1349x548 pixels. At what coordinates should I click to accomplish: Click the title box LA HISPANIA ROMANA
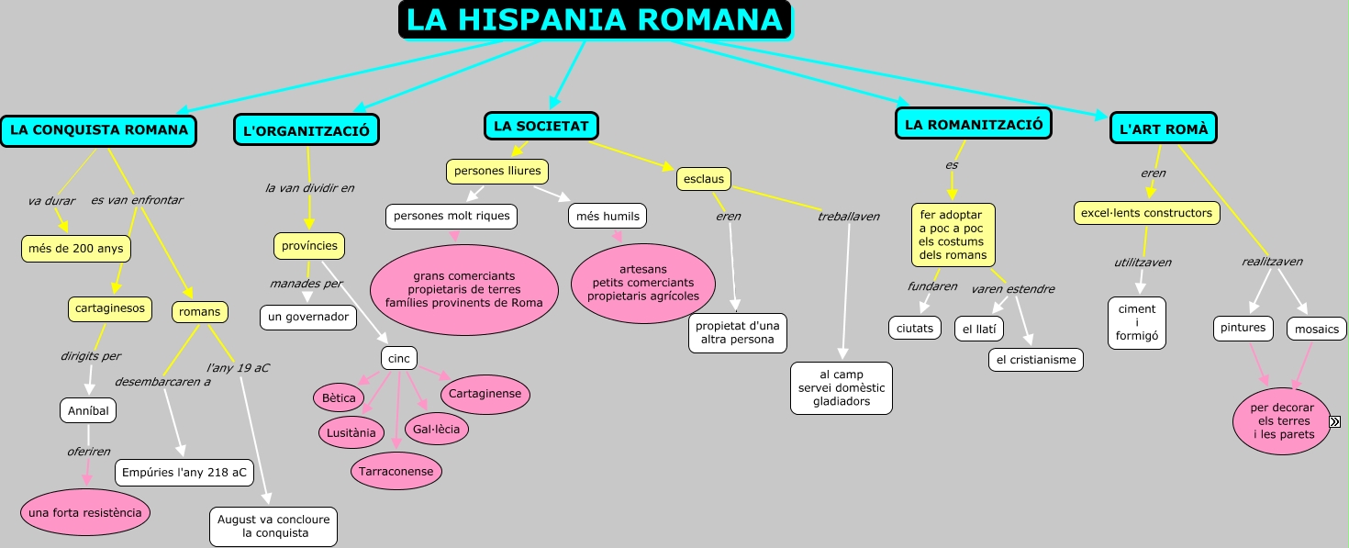[595, 20]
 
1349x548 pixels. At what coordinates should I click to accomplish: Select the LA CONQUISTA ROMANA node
[99, 130]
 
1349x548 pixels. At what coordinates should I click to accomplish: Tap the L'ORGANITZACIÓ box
[307, 131]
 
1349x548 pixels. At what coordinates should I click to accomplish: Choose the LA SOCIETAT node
[541, 126]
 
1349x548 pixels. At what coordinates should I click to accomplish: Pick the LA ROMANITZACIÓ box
[974, 125]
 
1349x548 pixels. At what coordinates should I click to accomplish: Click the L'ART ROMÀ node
[1163, 129]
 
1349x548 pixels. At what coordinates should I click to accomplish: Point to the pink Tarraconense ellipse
[396, 471]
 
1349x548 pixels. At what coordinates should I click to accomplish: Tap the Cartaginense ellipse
[485, 394]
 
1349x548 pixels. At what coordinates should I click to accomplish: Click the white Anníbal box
[88, 411]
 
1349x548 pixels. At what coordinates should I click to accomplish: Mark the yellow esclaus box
[704, 179]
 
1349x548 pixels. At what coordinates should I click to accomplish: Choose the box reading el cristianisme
[1036, 360]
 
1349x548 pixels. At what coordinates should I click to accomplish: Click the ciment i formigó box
[1137, 322]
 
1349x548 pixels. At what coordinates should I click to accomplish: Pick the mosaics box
[1317, 329]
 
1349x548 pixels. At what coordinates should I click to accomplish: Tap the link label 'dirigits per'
[91, 356]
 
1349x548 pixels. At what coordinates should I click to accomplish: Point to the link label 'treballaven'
[849, 217]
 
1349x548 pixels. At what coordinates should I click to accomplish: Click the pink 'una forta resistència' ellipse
[85, 512]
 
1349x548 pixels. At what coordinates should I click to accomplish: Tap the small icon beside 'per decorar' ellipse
[1335, 420]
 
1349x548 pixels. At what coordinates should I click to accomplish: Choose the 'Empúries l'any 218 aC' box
[184, 473]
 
